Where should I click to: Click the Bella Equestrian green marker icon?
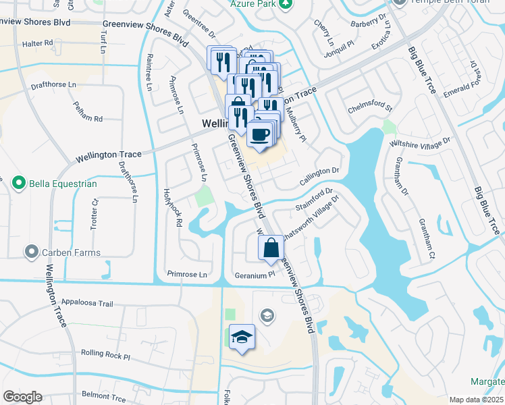19,183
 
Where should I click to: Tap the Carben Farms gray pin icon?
30,252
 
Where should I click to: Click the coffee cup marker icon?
260,134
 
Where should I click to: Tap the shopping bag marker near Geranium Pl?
271,248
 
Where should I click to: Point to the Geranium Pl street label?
255,275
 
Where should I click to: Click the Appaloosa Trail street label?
86,303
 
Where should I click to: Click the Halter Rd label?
37,43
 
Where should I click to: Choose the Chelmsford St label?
370,107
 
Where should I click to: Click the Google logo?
22,397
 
